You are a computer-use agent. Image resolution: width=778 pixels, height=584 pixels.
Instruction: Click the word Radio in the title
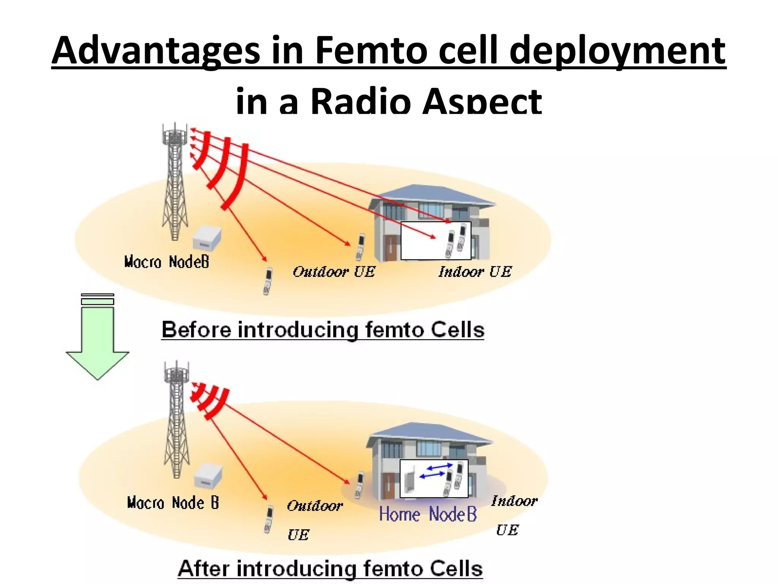click(x=361, y=102)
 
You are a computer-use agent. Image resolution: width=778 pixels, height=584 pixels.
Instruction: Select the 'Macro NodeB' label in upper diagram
click(x=166, y=262)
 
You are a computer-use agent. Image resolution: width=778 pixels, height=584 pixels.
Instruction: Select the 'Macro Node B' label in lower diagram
click(x=173, y=503)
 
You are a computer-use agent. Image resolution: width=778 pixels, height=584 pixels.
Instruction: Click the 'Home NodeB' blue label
click(x=428, y=514)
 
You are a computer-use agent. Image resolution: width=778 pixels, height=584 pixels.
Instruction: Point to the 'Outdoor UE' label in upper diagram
click(x=334, y=272)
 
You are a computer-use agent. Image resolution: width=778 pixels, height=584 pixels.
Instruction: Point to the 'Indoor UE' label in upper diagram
click(x=475, y=272)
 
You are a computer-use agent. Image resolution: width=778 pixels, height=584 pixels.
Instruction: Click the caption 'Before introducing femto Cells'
click(x=323, y=330)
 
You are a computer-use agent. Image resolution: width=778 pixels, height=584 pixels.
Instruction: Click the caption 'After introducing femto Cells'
click(x=330, y=569)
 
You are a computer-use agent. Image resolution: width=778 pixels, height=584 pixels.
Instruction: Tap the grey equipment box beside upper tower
click(x=207, y=238)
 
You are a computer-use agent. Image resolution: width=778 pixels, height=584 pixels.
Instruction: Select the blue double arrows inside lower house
click(x=436, y=471)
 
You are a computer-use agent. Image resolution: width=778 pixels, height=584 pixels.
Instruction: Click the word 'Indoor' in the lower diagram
click(x=514, y=501)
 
